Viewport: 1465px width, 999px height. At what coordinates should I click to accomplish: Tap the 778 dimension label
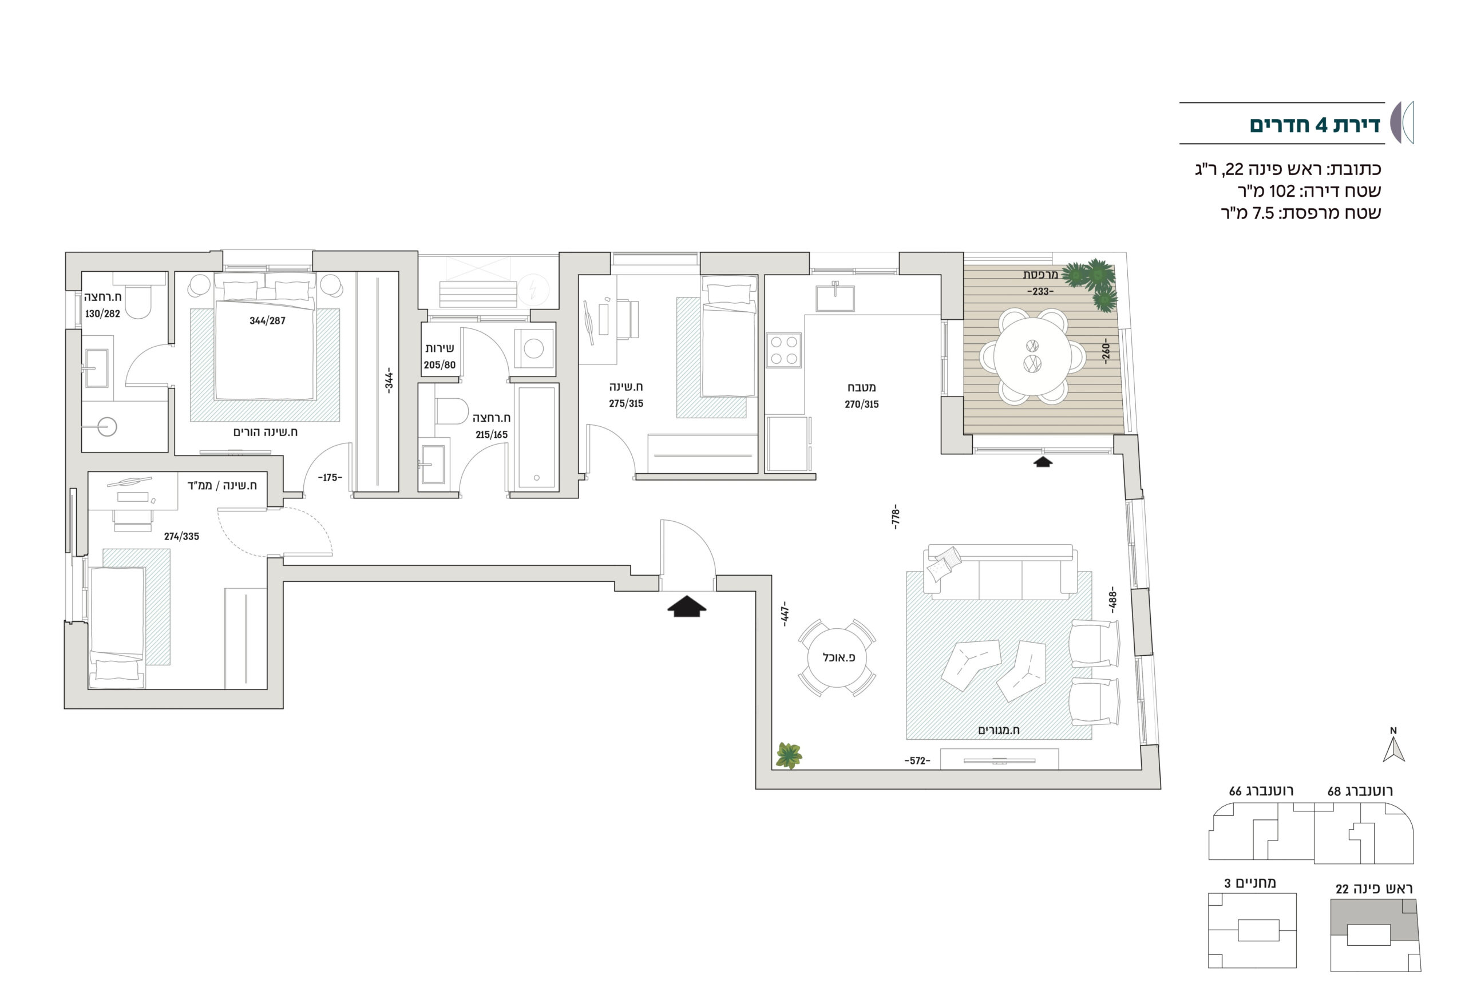896,516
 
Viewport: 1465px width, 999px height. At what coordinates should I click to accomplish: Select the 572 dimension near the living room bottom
917,761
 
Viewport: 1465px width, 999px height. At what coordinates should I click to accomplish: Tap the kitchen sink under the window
836,298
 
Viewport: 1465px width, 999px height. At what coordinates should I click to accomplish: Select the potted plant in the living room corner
788,755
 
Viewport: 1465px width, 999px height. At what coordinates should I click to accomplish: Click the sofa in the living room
1000,571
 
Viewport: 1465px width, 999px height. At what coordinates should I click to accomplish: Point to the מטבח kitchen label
862,387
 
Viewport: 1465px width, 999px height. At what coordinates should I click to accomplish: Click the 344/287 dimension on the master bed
267,320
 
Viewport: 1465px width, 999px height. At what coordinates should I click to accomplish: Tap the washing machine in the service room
534,348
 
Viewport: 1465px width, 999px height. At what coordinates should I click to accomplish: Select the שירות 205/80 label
439,356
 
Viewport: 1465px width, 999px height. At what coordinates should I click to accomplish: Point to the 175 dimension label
330,478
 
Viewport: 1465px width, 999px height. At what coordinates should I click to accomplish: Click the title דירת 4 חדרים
1314,125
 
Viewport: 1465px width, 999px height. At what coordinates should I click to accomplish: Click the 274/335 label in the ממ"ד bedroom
181,536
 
